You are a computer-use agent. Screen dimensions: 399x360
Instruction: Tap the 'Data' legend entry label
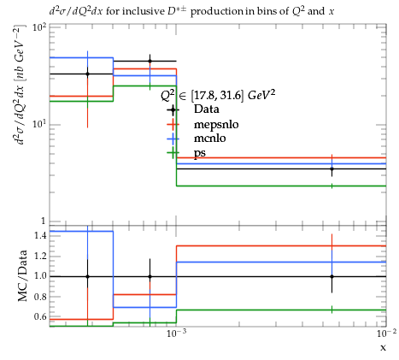207,109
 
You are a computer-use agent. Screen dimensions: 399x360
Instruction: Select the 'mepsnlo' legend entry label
216,124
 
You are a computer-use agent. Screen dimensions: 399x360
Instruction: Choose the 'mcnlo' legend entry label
210,139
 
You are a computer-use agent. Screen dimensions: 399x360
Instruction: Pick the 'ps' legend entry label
200,154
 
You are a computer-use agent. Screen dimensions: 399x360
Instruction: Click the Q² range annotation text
218,95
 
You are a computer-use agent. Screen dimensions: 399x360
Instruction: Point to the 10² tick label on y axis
39,27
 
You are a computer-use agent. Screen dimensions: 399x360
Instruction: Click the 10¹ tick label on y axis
39,124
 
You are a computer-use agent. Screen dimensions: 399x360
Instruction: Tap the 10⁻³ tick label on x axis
176,333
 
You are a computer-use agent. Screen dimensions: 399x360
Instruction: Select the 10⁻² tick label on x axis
386,333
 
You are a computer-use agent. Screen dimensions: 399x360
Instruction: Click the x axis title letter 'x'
384,348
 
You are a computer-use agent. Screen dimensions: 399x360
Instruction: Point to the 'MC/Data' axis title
22,276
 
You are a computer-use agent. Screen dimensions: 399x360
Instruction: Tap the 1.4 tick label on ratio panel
40,235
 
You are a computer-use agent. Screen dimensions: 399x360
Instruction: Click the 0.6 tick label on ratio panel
40,316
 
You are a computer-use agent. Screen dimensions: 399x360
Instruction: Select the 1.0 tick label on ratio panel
40,276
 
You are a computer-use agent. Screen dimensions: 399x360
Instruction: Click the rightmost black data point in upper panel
332,168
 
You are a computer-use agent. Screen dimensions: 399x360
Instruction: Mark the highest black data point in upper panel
150,61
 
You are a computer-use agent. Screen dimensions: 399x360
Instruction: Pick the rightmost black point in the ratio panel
332,276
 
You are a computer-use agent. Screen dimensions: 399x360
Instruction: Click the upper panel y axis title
21,85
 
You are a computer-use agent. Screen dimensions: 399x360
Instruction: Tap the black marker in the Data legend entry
173,109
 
